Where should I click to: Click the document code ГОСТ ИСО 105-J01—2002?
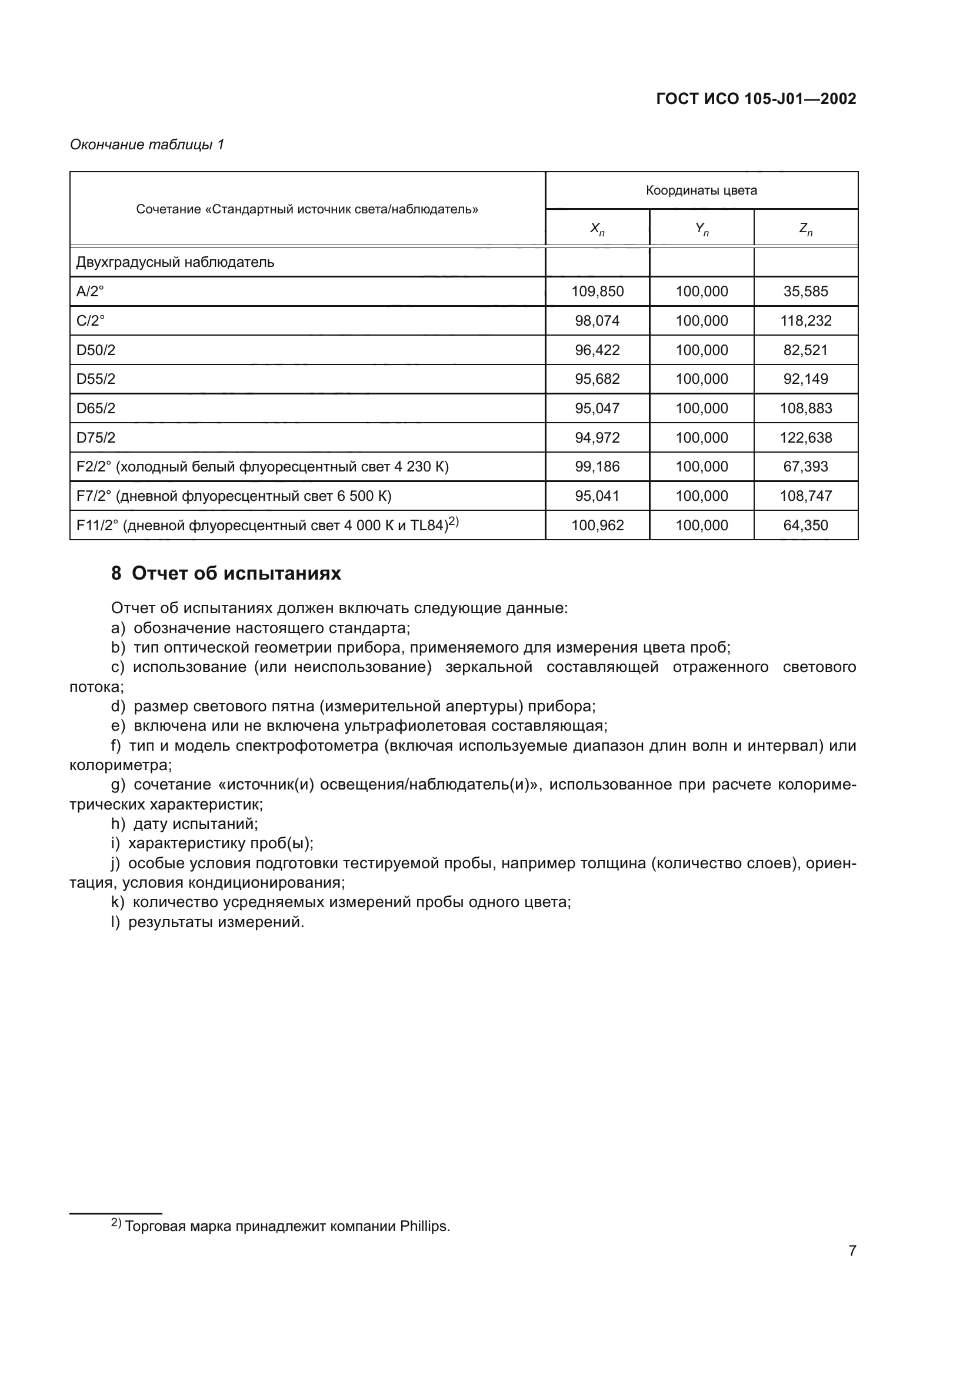point(756,99)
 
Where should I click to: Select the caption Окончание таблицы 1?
point(147,145)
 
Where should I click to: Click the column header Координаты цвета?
point(701,190)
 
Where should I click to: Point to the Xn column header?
point(597,228)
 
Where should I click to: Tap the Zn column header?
point(805,228)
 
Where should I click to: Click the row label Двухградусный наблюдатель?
point(175,262)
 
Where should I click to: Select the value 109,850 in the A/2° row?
point(597,292)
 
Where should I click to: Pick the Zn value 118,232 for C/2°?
point(805,321)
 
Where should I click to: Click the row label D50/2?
point(96,350)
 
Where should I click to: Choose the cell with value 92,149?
point(805,379)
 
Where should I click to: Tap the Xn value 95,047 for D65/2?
point(597,409)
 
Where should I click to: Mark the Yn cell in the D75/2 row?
point(702,438)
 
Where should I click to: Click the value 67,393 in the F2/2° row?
point(805,467)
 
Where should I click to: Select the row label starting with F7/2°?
point(234,496)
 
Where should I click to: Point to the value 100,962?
point(597,525)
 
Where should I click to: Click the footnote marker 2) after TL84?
point(454,521)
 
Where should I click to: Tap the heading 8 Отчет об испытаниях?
point(226,574)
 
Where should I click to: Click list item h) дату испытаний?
point(185,824)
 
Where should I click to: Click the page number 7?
point(852,1250)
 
